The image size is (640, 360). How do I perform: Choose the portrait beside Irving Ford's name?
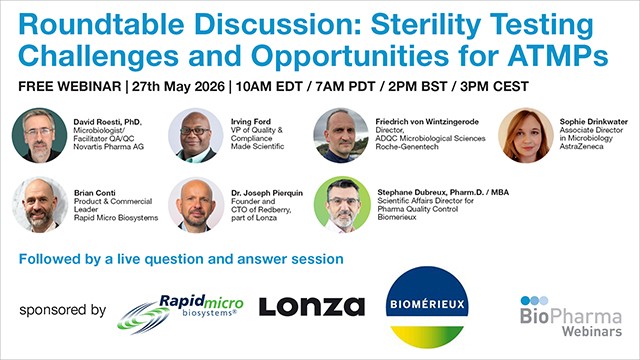click(196, 135)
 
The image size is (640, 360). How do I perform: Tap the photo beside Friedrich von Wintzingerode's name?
click(341, 135)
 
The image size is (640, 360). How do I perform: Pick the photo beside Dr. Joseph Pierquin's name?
click(196, 204)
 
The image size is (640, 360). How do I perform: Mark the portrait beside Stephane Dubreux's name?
click(341, 204)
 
